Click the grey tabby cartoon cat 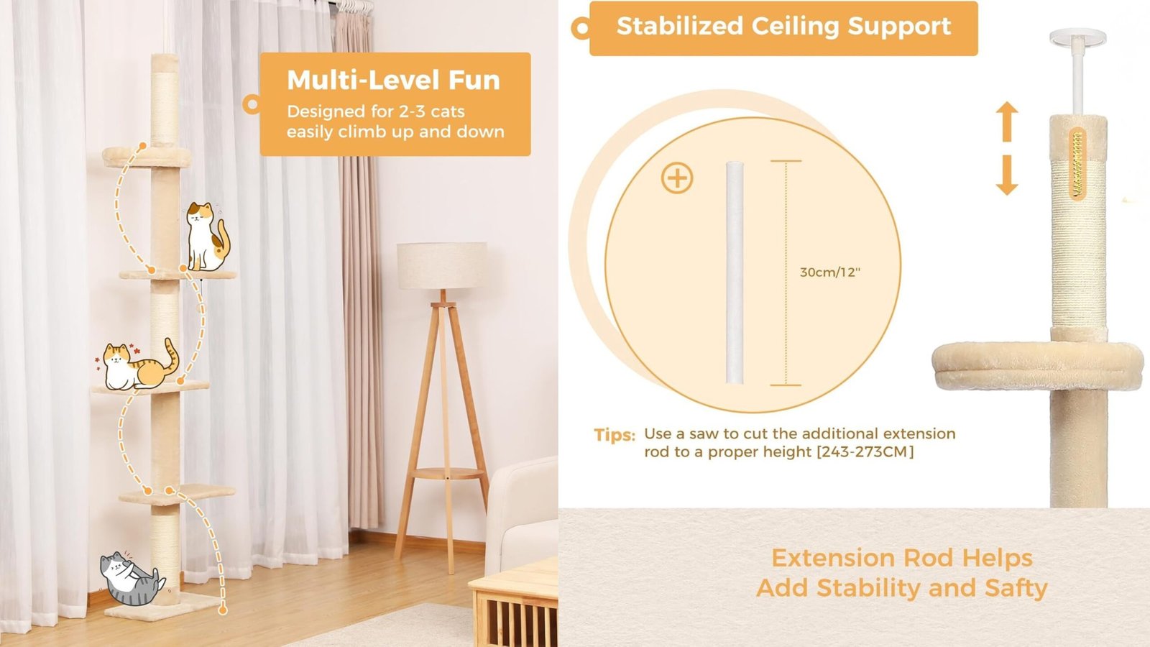click(x=131, y=578)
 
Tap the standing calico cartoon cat click(x=206, y=237)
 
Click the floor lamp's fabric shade click(x=442, y=265)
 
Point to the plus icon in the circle click(x=676, y=178)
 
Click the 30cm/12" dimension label click(x=829, y=272)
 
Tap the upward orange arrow click(x=1007, y=121)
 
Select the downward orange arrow click(x=1007, y=175)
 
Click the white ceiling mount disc click(x=1077, y=37)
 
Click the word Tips click(x=615, y=435)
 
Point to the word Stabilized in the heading click(x=680, y=26)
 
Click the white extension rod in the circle click(x=735, y=272)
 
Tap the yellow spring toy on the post click(x=1077, y=164)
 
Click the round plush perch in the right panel click(x=1038, y=366)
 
